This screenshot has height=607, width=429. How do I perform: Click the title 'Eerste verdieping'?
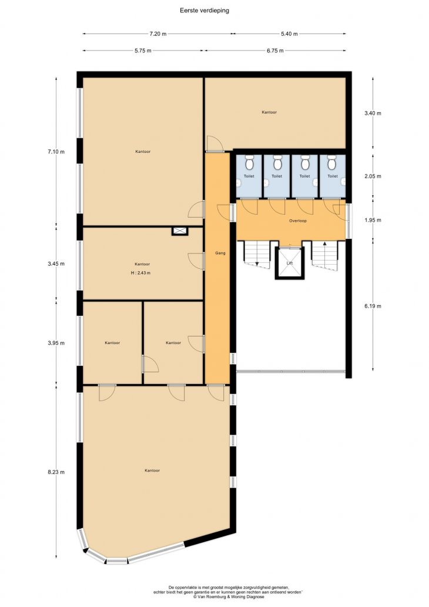205,11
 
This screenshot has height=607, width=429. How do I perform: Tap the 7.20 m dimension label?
158,34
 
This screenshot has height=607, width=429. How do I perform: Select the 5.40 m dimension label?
289,34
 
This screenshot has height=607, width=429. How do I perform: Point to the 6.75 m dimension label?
275,51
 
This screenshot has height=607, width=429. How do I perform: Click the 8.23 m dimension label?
56,472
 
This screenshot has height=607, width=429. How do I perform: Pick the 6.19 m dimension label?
373,306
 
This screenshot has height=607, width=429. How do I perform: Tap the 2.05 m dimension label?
373,176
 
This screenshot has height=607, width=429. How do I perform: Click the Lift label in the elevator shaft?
290,264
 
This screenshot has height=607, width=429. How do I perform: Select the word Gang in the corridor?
220,253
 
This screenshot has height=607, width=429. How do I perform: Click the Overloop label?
298,221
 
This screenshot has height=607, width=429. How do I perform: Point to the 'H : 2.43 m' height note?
141,273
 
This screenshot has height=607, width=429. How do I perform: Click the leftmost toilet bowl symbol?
249,164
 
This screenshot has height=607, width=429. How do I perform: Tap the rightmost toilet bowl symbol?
331,164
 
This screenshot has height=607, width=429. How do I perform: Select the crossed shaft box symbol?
180,231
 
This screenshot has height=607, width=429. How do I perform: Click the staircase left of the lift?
256,254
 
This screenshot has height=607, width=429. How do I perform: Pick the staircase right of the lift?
325,255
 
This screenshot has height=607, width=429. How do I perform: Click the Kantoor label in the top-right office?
269,112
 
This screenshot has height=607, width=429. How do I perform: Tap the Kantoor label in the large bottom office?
152,471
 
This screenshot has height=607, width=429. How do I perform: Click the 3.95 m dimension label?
56,343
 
